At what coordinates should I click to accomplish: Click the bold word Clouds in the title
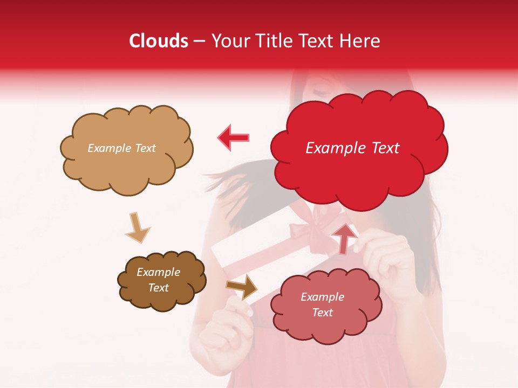click(x=159, y=41)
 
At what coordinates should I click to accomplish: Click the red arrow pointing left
click(x=233, y=137)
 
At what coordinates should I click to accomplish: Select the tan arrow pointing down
click(x=138, y=227)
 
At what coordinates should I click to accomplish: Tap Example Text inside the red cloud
click(x=352, y=148)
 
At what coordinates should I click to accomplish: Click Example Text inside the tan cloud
click(x=121, y=148)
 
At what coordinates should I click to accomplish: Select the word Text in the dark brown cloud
click(x=159, y=288)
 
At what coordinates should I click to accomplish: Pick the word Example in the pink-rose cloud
click(x=322, y=297)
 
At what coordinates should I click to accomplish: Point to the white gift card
click(x=254, y=253)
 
